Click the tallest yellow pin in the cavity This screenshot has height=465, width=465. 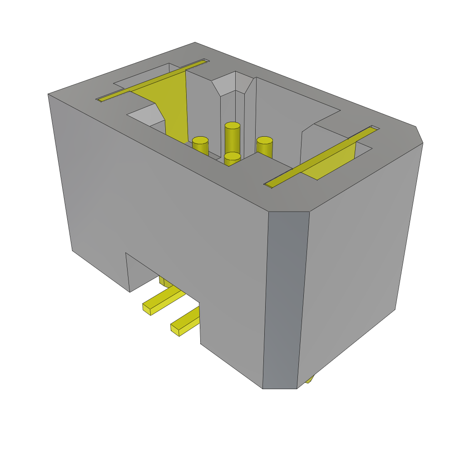232,136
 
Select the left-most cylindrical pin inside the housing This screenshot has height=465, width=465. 200,145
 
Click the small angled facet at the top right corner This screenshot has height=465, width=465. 419,135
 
